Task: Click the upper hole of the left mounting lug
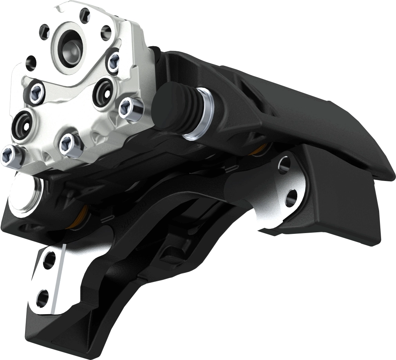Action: pos(49,261)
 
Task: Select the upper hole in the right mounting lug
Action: pos(284,163)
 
